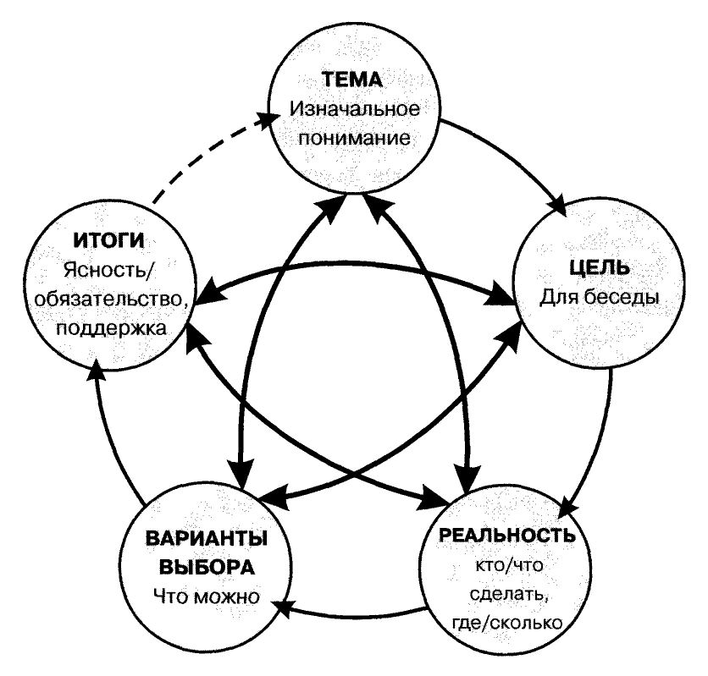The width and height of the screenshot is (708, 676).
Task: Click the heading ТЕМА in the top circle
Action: [x=353, y=81]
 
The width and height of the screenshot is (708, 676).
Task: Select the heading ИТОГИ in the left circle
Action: [x=108, y=243]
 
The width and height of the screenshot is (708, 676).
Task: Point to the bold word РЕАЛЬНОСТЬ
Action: [x=507, y=536]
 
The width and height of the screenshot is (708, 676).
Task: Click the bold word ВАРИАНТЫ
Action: [x=207, y=540]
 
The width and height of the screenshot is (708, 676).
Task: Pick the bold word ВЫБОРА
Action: [x=207, y=566]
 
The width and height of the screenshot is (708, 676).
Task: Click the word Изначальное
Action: [x=353, y=109]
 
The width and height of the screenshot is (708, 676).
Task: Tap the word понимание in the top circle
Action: [x=353, y=136]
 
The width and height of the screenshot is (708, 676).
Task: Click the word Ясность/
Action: [x=108, y=272]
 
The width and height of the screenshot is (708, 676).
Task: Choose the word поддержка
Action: [x=108, y=327]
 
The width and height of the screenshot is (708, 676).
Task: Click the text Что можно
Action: [x=207, y=595]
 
